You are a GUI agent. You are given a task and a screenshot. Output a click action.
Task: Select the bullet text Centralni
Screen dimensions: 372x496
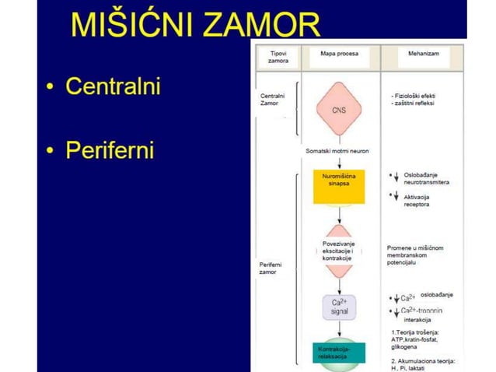[113, 86]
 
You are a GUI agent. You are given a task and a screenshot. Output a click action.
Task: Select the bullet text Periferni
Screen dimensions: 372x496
[110, 149]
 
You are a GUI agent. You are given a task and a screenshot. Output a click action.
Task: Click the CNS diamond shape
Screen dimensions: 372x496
[338, 110]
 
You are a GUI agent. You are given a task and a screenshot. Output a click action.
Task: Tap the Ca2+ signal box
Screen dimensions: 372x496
[339, 306]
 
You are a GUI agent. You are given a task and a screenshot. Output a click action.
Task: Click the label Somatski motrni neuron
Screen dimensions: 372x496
[337, 150]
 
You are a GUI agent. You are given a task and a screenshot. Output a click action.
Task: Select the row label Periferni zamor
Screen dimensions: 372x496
[271, 268]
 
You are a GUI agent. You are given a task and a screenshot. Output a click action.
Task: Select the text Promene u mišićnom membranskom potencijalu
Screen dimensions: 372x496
[415, 255]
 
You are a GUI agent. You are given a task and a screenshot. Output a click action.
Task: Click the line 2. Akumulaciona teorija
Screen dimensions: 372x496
[424, 361]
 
